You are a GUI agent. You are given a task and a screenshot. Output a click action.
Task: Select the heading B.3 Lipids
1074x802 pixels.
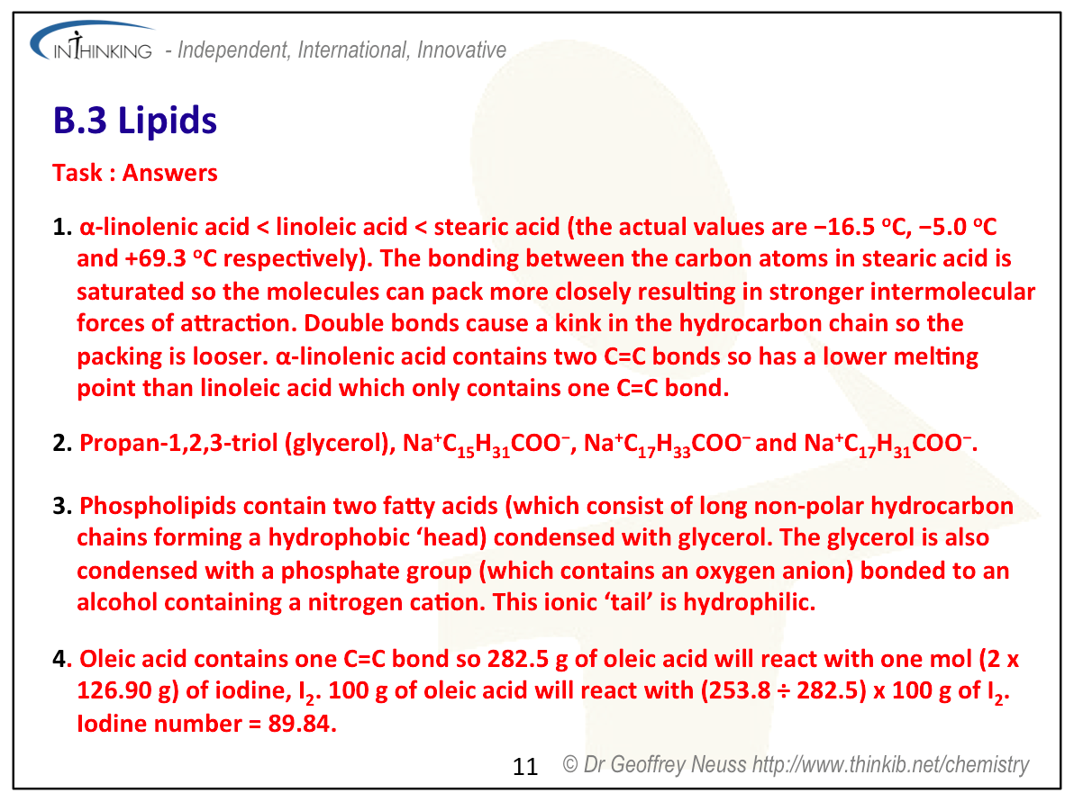coord(135,122)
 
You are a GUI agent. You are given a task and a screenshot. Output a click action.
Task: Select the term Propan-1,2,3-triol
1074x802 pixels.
coord(177,444)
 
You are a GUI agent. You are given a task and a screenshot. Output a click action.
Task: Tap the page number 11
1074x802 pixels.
coord(525,767)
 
